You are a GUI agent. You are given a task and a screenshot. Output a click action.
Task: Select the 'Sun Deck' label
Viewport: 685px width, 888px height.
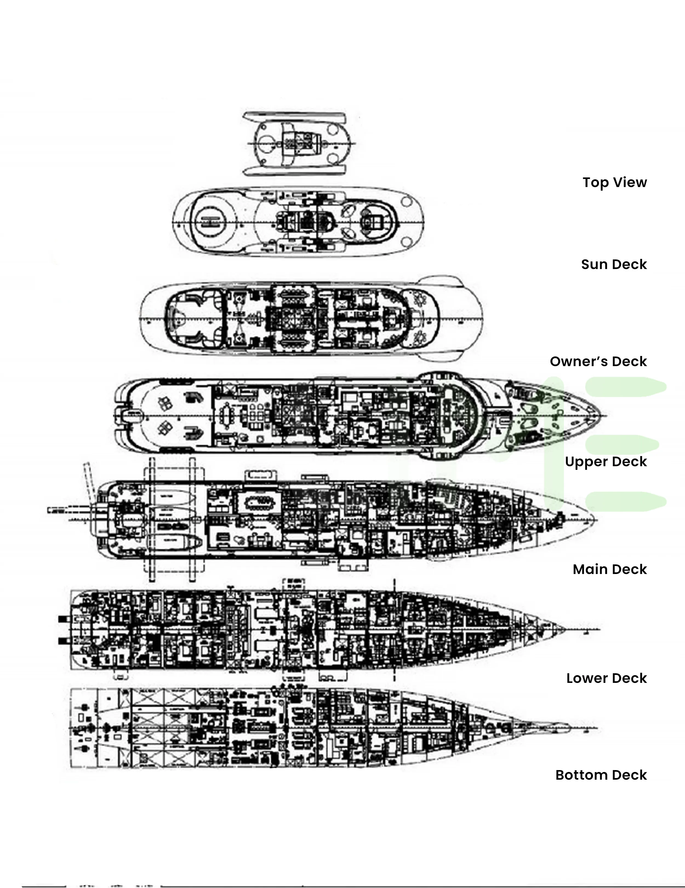click(x=613, y=264)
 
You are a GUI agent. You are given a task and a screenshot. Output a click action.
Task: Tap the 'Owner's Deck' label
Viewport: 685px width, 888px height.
click(x=598, y=361)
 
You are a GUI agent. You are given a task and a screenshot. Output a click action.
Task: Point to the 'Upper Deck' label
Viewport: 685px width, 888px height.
click(x=605, y=462)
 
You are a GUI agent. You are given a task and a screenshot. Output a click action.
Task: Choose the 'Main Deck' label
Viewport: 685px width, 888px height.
click(x=609, y=569)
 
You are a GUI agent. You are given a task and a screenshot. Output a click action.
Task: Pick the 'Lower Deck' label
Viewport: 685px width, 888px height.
click(x=606, y=678)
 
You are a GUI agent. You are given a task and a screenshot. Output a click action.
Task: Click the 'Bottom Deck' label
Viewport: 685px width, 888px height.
click(x=601, y=775)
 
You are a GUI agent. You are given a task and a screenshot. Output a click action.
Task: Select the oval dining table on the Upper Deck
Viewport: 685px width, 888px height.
click(x=225, y=415)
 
